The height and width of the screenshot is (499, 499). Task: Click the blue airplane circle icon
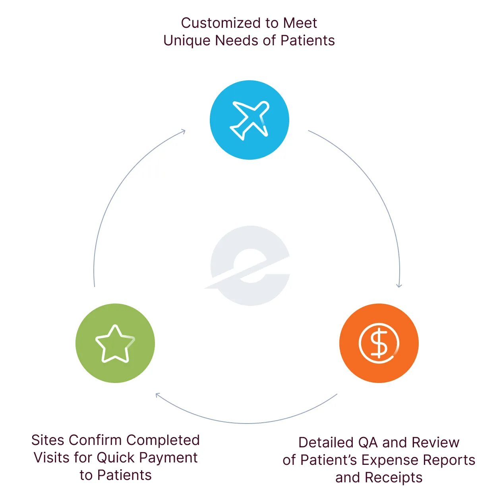[249, 120]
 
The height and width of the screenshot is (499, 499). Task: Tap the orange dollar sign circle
[379, 343]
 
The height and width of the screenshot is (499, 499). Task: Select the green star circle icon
[115, 343]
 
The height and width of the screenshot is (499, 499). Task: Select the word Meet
[300, 23]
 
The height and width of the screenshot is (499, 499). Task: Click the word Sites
[48, 440]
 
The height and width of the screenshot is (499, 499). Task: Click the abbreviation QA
[368, 443]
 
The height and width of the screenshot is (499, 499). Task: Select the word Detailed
[326, 443]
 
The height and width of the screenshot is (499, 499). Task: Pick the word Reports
[449, 460]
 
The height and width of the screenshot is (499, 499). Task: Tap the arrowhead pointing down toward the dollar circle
[399, 285]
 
